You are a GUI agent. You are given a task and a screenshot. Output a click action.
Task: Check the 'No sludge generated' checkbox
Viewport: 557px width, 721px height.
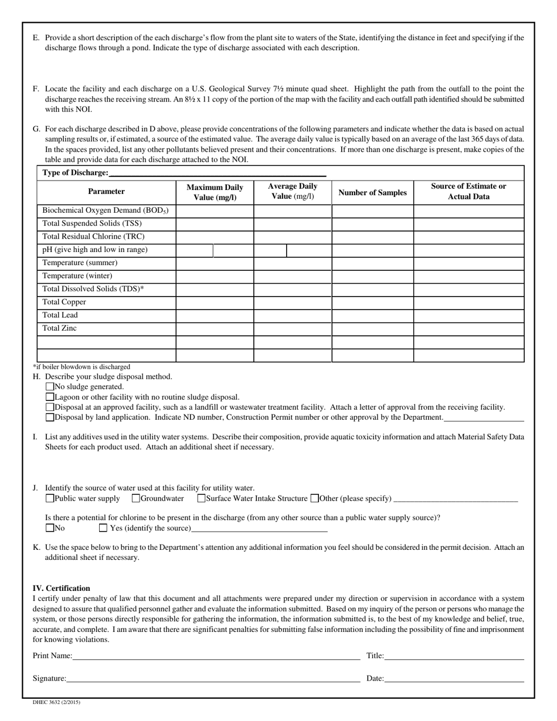click(x=49, y=387)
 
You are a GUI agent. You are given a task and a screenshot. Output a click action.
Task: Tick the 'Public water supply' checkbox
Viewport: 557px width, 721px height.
click(x=49, y=498)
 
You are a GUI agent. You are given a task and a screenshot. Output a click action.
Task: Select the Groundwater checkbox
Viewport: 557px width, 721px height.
click(x=135, y=498)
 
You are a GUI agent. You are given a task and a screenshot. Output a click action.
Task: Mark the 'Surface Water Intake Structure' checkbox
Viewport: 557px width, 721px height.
click(x=201, y=498)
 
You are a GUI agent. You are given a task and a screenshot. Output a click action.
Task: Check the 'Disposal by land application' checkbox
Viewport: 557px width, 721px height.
click(x=49, y=417)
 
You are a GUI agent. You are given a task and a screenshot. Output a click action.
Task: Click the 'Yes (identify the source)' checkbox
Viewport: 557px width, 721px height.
click(x=103, y=528)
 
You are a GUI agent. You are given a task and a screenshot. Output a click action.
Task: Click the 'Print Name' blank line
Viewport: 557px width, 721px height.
click(x=216, y=656)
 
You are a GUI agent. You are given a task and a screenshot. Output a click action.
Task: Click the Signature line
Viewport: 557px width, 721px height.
click(x=213, y=678)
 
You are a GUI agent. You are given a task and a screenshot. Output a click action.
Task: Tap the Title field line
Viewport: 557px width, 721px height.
click(x=454, y=656)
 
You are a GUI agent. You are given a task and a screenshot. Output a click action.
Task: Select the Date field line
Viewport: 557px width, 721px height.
click(x=454, y=678)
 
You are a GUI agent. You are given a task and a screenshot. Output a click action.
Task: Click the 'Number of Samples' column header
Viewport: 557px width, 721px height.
click(x=373, y=192)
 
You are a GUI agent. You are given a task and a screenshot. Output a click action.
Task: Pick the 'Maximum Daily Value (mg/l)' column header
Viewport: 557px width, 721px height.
click(x=215, y=192)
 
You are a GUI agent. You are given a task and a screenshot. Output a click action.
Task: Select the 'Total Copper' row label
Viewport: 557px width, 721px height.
click(x=64, y=302)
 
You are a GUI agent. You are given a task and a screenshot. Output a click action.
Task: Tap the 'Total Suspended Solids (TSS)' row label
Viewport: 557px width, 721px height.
click(x=92, y=223)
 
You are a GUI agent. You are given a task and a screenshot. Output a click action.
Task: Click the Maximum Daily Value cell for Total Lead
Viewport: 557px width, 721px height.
click(x=215, y=316)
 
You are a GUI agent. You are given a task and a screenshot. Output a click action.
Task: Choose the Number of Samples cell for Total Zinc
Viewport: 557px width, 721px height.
click(x=373, y=329)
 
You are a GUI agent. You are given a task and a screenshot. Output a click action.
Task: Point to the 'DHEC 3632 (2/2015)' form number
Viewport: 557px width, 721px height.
click(x=57, y=702)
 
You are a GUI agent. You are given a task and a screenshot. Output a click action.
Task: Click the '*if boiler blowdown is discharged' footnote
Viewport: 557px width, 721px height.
click(x=81, y=367)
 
